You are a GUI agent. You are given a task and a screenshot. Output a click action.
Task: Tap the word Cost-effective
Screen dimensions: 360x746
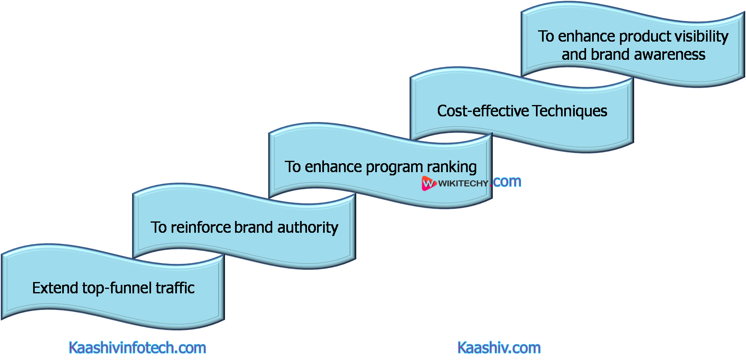pos(483,111)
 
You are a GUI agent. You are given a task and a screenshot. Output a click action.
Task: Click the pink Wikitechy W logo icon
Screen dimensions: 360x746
pos(428,183)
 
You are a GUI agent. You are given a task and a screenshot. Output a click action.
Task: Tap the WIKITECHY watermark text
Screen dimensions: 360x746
pos(463,183)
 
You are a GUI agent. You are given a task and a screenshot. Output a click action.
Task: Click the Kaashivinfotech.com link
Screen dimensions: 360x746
pos(137,348)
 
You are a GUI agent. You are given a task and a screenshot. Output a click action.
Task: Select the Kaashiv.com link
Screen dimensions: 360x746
pos(499,348)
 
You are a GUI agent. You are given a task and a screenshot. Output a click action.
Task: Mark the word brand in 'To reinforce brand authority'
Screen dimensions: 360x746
pos(254,227)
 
